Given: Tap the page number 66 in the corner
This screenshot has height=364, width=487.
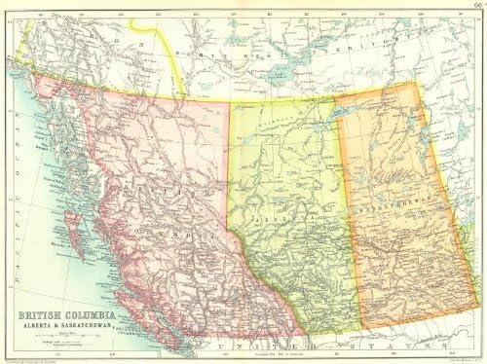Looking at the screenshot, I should pos(475,7).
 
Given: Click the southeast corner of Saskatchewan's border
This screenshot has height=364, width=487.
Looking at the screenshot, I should pos(459,320).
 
